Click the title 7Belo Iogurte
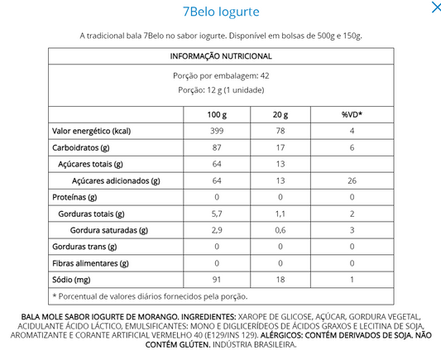click(x=220, y=12)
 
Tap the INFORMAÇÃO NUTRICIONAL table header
click(x=221, y=55)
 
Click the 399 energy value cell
click(x=218, y=131)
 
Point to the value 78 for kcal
click(x=281, y=131)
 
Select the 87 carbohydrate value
click(x=218, y=147)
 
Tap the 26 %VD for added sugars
click(x=352, y=180)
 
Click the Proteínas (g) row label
click(x=75, y=197)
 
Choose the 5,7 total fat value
click(x=218, y=214)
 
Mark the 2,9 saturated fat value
click(x=218, y=230)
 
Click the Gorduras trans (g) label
click(x=85, y=247)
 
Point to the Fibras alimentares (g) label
click(x=90, y=263)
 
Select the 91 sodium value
click(x=218, y=280)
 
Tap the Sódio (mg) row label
click(x=72, y=280)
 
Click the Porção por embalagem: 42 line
click(x=221, y=75)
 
